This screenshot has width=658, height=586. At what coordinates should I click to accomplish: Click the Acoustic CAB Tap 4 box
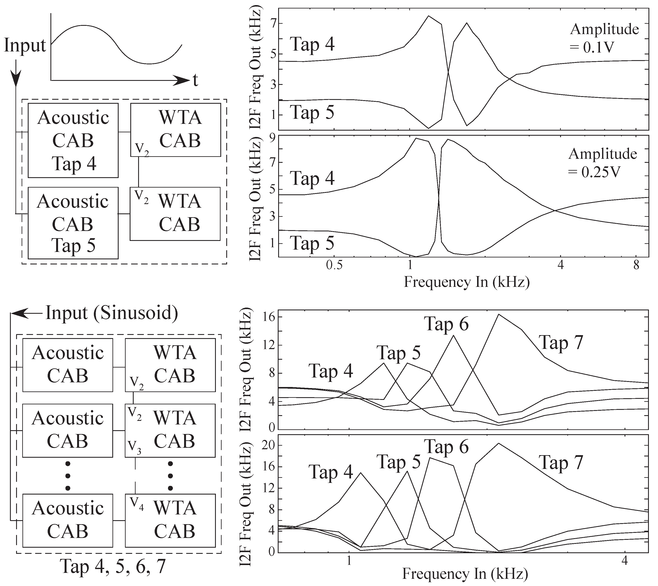click(73, 140)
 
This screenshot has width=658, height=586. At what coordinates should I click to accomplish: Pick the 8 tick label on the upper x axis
click(636, 265)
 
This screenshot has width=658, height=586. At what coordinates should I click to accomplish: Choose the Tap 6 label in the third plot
click(446, 324)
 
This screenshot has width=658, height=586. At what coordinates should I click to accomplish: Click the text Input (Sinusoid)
click(111, 313)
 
